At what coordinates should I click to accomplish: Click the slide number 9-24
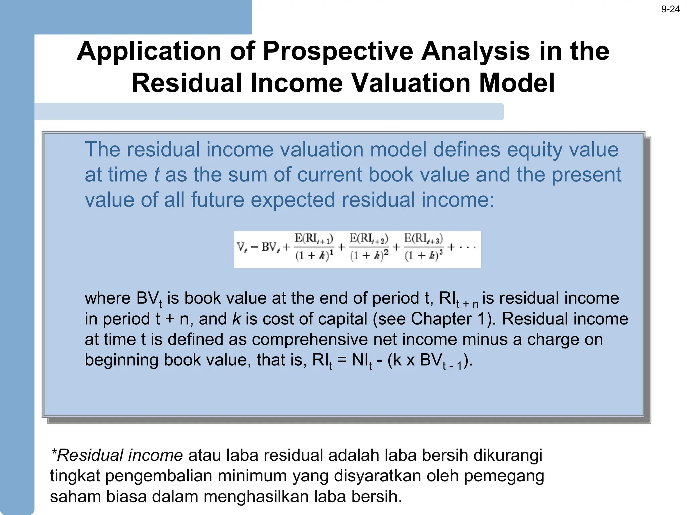[670, 9]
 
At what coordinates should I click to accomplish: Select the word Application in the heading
[149, 51]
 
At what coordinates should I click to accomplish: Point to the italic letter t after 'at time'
[156, 175]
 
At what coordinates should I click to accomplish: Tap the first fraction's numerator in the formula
[314, 239]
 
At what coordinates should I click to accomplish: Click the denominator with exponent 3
[424, 255]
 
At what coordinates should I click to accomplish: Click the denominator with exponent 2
[369, 255]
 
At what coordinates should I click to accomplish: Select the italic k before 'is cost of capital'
[236, 319]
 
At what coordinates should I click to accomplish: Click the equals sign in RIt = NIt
[341, 360]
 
